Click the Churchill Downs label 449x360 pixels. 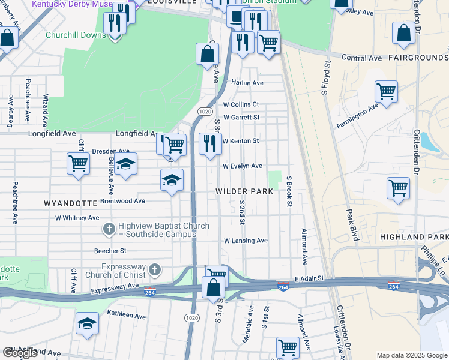pyautogui.click(x=76, y=34)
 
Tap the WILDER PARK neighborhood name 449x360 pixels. pyautogui.click(x=245, y=191)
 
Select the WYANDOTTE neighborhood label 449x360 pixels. pyautogui.click(x=67, y=203)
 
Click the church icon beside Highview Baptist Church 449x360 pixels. pyautogui.click(x=109, y=229)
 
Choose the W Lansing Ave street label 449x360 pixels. pyautogui.click(x=246, y=241)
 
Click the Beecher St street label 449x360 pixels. pyautogui.click(x=110, y=251)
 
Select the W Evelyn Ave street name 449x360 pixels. pyautogui.click(x=243, y=166)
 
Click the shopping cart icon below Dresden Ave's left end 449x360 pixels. pyautogui.click(x=78, y=163)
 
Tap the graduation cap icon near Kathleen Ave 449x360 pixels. pyautogui.click(x=88, y=324)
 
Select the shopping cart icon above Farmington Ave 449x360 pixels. pyautogui.click(x=386, y=91)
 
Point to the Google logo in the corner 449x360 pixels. pyautogui.click(x=20, y=353)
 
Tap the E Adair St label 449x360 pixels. pyautogui.click(x=309, y=279)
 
